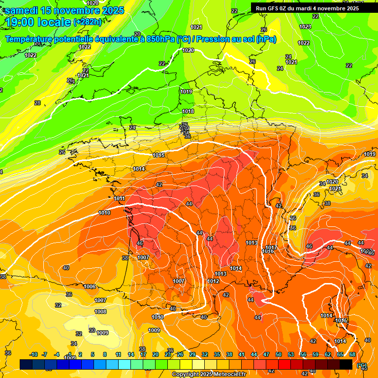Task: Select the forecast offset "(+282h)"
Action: click(88, 22)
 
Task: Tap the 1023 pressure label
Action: click(305, 27)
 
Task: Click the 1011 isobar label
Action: click(119, 198)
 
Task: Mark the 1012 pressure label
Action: click(213, 281)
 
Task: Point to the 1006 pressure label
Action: click(90, 286)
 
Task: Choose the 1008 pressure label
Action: click(100, 312)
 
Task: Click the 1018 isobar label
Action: click(188, 112)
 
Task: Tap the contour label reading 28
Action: click(37, 103)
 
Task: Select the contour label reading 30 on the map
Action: click(92, 330)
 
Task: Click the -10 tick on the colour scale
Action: click(33, 354)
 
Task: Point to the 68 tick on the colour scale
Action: click(352, 354)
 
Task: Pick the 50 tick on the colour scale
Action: click(279, 354)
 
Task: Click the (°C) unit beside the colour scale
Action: click(362, 365)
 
